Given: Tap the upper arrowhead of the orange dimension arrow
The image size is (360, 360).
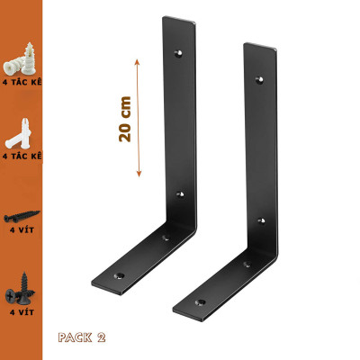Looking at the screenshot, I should pyautogui.click(x=138, y=58).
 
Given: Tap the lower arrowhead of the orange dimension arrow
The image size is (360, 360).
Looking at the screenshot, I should pyautogui.click(x=138, y=175).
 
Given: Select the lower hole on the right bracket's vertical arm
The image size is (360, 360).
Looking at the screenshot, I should pyautogui.click(x=260, y=219).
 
